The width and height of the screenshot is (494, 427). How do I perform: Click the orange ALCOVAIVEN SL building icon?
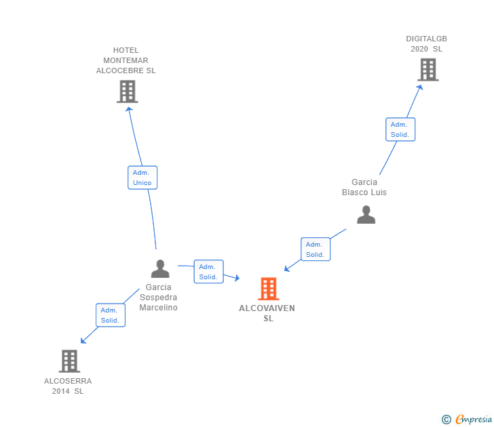(269, 289)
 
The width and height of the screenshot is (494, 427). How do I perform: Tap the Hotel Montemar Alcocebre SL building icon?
(127, 91)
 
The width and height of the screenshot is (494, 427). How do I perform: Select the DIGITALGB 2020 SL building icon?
(427, 70)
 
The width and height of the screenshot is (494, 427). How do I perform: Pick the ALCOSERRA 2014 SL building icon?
(69, 361)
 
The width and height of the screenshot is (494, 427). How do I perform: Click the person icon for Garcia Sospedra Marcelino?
(160, 269)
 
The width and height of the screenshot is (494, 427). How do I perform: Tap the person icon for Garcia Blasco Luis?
(366, 215)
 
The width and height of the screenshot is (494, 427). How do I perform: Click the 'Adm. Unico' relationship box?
(142, 178)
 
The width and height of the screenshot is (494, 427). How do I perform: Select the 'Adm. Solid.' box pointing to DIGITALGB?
(400, 129)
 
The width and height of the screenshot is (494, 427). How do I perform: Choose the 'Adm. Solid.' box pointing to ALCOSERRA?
(110, 315)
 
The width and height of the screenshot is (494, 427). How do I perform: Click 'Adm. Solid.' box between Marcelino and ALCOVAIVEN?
(208, 272)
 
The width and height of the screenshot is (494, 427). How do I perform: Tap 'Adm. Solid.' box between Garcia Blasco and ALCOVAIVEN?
(315, 249)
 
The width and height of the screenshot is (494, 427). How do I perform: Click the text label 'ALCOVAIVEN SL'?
(267, 313)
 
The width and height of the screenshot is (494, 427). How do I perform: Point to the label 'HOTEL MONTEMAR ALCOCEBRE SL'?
(126, 60)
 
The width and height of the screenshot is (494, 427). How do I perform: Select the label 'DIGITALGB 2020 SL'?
(426, 43)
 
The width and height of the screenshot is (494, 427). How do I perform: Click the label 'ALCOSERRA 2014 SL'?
(68, 386)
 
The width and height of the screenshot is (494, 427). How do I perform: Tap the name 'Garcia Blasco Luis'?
(364, 187)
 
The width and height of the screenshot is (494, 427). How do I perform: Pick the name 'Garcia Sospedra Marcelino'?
(158, 298)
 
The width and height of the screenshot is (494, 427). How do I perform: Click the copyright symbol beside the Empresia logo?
(446, 420)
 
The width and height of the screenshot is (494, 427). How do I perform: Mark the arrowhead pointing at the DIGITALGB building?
(421, 86)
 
